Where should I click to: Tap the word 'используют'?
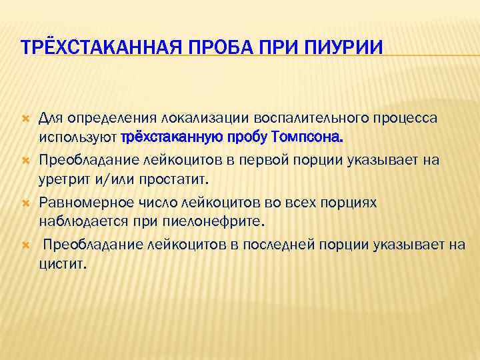click(78, 138)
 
